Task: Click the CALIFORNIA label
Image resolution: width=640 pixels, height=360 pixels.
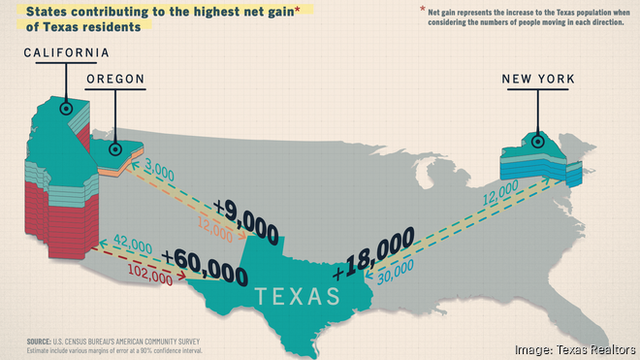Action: tap(66, 52)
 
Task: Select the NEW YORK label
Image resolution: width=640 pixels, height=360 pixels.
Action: tap(538, 79)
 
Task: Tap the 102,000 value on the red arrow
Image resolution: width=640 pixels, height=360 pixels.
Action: tap(149, 278)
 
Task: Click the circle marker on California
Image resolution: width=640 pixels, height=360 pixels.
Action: tap(66, 108)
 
